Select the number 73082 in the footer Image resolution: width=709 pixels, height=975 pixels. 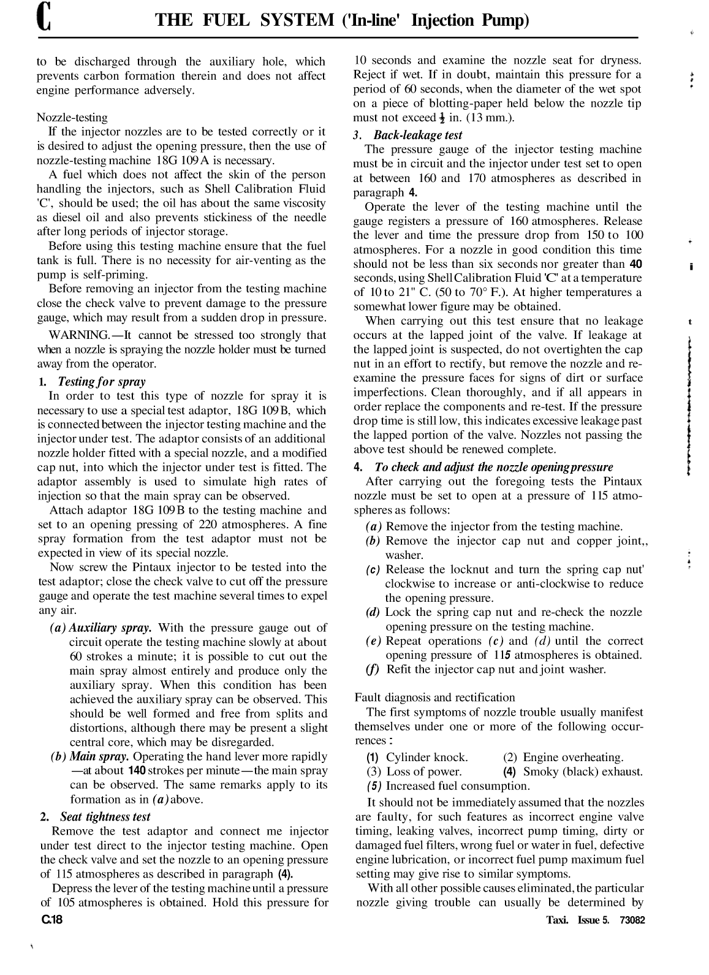click(x=632, y=920)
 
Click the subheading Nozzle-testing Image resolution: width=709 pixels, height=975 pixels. click(x=72, y=117)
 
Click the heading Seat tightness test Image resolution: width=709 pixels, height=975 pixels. click(x=105, y=816)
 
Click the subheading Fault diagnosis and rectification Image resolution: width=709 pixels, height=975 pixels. click(x=434, y=697)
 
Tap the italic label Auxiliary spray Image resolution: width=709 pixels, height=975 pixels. click(x=111, y=628)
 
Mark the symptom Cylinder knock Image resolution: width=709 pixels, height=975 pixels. click(x=427, y=757)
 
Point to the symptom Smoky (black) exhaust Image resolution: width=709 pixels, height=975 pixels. click(x=583, y=772)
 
